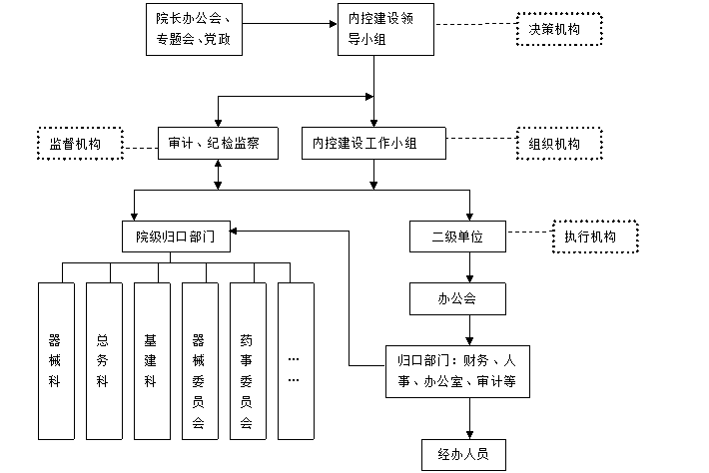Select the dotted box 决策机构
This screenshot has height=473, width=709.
tap(559, 29)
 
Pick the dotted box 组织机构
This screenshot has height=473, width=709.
tap(559, 144)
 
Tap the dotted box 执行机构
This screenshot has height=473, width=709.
tap(595, 236)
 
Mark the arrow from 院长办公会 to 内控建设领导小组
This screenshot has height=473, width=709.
tap(290, 24)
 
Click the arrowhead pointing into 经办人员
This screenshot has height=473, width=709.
tap(469, 435)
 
